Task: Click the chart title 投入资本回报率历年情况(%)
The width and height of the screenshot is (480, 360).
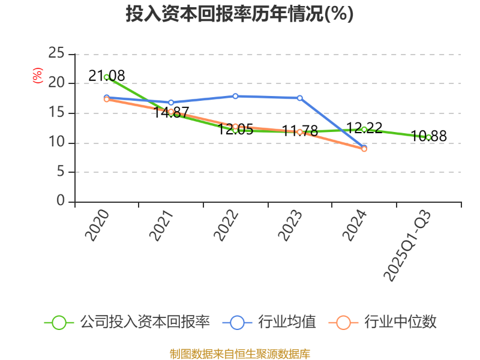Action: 239,14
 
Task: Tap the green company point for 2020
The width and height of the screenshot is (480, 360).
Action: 106,77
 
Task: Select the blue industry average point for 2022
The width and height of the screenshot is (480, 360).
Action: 235,96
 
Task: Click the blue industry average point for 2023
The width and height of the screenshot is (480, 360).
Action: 300,98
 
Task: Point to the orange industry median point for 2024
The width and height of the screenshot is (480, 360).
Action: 364,149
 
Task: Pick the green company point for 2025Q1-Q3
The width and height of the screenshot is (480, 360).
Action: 428,137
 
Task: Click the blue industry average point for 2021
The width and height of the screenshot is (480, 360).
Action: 171,103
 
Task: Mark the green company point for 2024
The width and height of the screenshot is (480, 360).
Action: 364,129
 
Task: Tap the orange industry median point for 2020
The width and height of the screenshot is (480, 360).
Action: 106,99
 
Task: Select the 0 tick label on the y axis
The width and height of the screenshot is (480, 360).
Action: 61,202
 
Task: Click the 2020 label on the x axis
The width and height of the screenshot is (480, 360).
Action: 97,226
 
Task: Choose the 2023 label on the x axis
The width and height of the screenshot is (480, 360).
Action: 291,226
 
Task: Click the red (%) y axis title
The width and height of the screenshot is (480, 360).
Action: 37,76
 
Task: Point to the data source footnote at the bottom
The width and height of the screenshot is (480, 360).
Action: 239,353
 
